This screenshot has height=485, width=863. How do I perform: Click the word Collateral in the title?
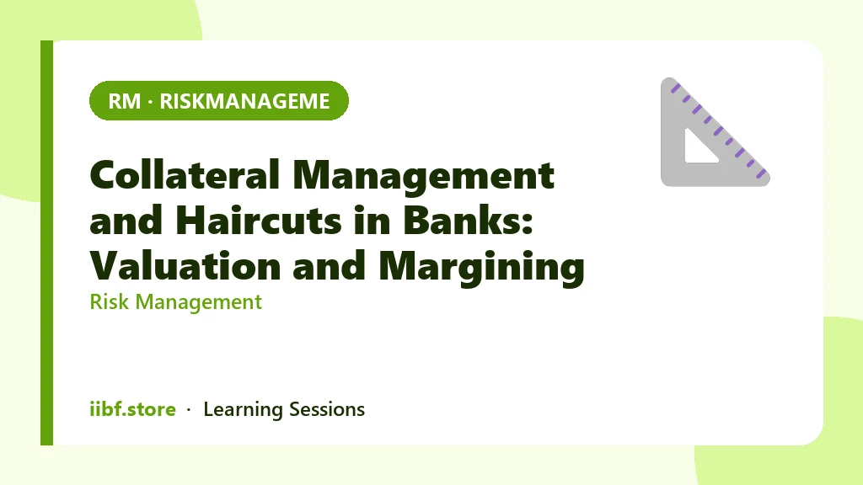click(185, 175)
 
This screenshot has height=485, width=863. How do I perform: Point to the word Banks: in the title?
click(468, 221)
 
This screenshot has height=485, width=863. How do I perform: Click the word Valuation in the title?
click(185, 266)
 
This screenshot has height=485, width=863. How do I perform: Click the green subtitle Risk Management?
click(175, 302)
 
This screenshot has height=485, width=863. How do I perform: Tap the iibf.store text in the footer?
click(132, 409)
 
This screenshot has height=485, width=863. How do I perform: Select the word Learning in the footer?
click(243, 410)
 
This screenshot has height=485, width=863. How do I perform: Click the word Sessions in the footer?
click(327, 409)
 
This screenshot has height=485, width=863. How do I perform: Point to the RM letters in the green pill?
click(125, 101)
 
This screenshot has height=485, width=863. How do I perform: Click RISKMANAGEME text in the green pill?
click(245, 101)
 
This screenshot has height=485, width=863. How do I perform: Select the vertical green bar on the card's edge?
click(47, 242)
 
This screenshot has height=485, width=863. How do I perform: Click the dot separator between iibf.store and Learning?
click(189, 410)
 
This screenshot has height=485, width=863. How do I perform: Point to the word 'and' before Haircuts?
click(126, 221)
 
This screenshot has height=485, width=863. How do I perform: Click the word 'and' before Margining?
click(330, 266)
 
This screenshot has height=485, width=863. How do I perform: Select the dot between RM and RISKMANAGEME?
click(150, 102)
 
